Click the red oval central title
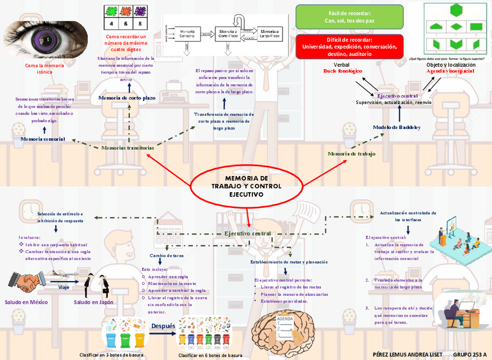click(x=246, y=186)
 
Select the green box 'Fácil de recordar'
click(x=349, y=17)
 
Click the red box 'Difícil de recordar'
click(x=349, y=46)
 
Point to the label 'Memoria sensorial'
click(x=43, y=139)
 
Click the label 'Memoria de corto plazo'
click(x=127, y=98)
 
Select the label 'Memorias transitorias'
click(x=128, y=148)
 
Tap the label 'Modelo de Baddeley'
click(x=396, y=127)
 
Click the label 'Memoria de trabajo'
click(x=351, y=154)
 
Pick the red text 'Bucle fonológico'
click(x=342, y=71)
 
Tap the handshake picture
click(x=24, y=283)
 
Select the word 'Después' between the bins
click(x=163, y=326)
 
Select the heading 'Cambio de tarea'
click(x=167, y=255)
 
